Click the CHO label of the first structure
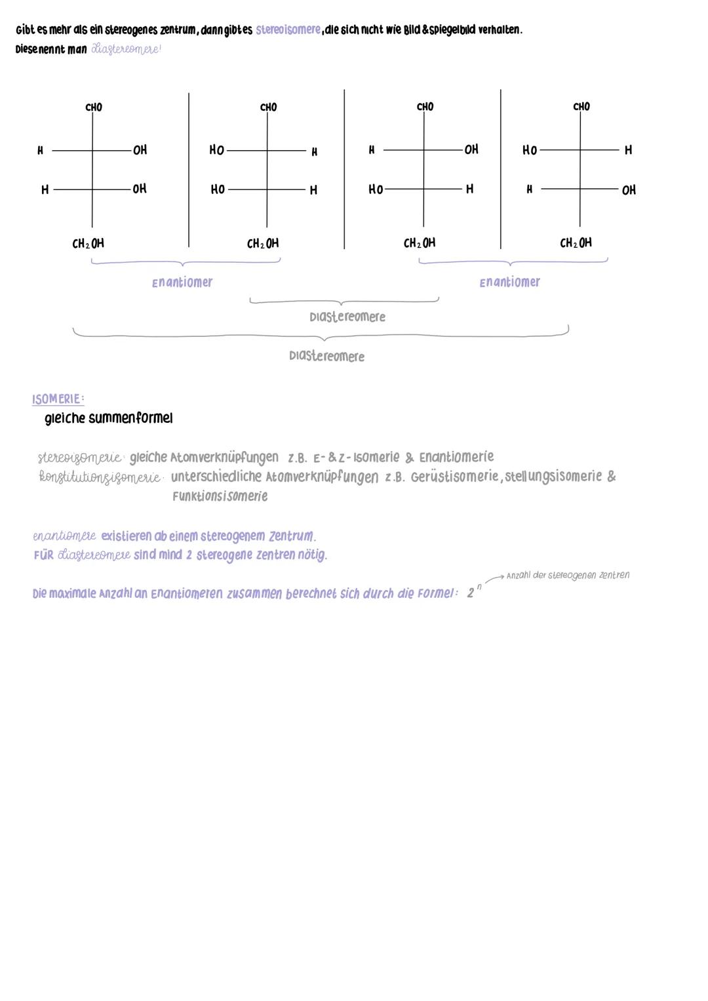coord(94,108)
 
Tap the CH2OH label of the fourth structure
coord(576,243)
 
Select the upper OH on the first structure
coord(140,150)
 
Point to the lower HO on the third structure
coord(376,189)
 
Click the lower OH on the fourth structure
coord(629,190)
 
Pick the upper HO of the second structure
coord(216,150)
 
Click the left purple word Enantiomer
coord(182,283)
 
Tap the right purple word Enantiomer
coord(509,283)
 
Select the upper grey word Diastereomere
coord(347,317)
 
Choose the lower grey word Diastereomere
coord(326,357)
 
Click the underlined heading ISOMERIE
coord(58,399)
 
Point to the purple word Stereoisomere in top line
coord(288,30)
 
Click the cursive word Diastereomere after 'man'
coord(126,50)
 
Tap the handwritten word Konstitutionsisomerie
coord(100,478)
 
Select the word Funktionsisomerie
coord(220,496)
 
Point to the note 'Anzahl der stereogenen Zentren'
coord(568,576)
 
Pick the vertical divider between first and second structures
coord(189,170)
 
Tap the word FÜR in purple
coord(43,555)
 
